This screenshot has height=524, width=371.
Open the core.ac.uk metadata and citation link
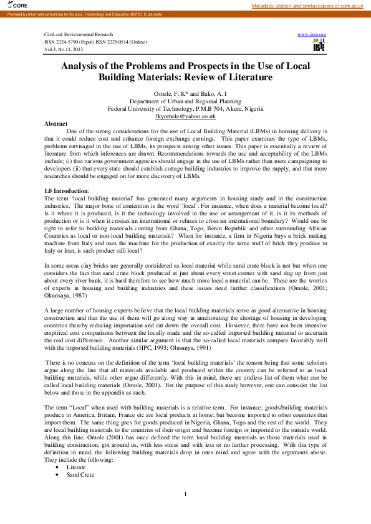[x=307, y=6]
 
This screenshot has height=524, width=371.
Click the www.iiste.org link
[x=312, y=34]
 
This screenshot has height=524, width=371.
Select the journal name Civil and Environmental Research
[x=79, y=34]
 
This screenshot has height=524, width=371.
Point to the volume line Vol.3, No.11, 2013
[x=64, y=48]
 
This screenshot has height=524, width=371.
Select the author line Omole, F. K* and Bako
[x=185, y=93]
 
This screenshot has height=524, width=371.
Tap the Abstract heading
[x=56, y=123]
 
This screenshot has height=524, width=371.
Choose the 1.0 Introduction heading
[x=67, y=190]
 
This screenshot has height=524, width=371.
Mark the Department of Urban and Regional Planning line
[x=185, y=101]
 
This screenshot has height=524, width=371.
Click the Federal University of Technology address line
[x=185, y=108]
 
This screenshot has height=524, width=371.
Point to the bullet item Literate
[x=76, y=466]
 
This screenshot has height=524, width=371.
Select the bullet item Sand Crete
[x=79, y=474]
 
